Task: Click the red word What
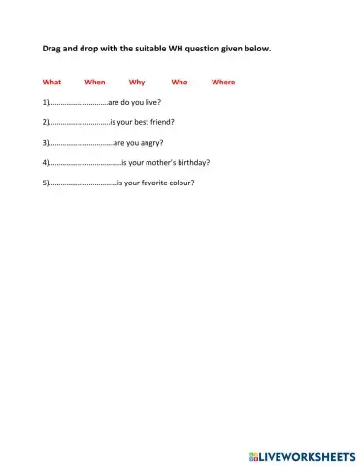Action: tap(51, 83)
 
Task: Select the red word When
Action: tap(94, 83)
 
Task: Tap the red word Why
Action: tap(137, 83)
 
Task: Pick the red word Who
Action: tap(179, 83)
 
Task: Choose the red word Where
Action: tap(223, 83)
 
